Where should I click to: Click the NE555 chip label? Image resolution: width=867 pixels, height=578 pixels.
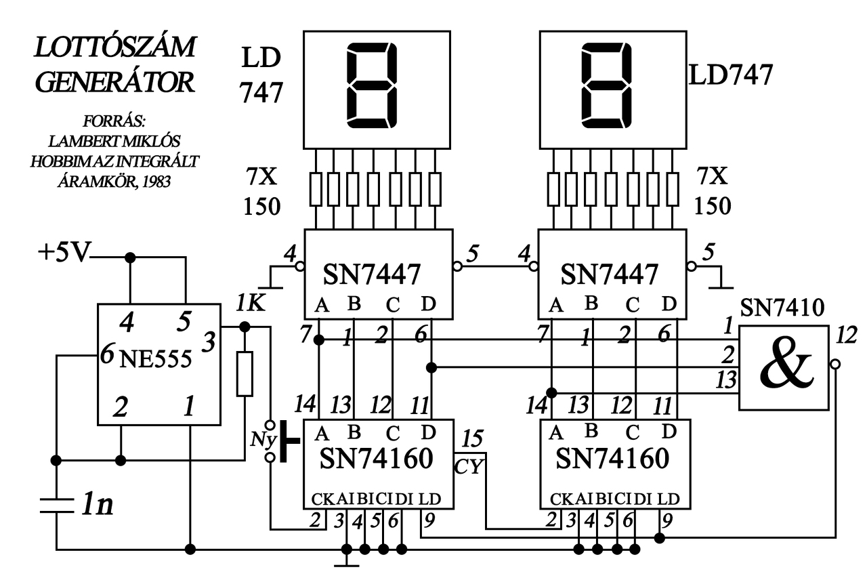[x=156, y=359]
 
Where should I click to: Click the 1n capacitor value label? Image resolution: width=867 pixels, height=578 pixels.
[x=98, y=504]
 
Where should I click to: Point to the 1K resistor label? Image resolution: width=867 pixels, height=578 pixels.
[x=251, y=303]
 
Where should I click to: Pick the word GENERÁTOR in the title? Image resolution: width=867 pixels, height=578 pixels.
[x=115, y=82]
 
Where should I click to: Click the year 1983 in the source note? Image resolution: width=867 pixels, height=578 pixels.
[x=156, y=181]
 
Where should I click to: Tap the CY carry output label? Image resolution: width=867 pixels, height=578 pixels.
[x=469, y=467]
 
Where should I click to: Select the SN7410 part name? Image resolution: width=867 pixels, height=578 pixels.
[x=782, y=308]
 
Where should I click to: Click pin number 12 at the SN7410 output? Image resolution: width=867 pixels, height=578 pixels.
[x=847, y=335]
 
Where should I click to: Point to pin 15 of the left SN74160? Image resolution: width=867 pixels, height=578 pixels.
[x=472, y=438]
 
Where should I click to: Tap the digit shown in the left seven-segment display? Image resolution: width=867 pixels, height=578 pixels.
[x=372, y=85]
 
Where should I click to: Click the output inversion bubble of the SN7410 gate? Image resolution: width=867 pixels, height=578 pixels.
[x=836, y=364]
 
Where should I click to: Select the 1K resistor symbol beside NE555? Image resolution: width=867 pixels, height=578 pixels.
[x=245, y=373]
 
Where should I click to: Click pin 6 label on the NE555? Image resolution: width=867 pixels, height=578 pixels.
[x=106, y=354]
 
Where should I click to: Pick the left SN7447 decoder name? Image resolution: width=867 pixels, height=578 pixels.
[x=372, y=274]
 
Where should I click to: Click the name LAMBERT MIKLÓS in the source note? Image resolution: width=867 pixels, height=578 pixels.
[x=114, y=142]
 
